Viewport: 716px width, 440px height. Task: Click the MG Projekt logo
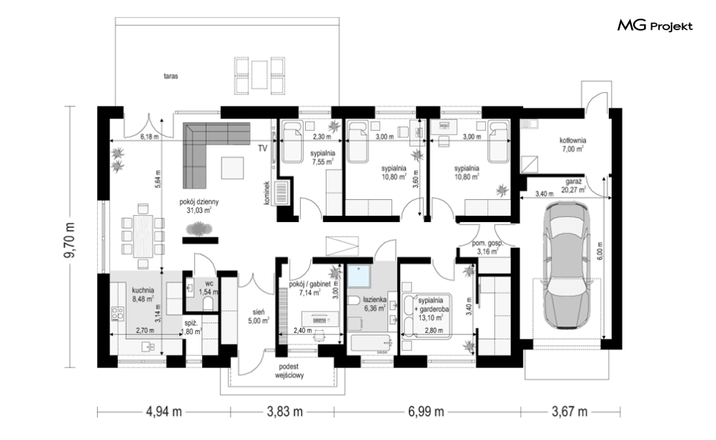tap(655, 26)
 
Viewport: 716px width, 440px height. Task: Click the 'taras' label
tap(171, 76)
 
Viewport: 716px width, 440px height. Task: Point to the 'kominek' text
tap(267, 193)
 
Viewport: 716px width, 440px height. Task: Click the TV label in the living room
tap(263, 148)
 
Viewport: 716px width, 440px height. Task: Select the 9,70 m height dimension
tap(70, 241)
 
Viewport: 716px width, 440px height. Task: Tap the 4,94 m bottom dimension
tap(163, 412)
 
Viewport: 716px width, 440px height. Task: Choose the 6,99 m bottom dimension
tap(425, 412)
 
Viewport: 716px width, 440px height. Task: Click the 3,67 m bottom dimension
tap(569, 412)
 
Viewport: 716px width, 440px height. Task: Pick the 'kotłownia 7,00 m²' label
tap(573, 145)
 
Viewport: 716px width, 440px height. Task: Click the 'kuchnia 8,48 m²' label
tap(143, 295)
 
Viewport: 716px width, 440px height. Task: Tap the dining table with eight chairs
tap(143, 236)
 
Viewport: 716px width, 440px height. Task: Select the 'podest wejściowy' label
tap(289, 371)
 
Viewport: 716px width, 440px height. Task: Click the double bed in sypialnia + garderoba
tap(427, 316)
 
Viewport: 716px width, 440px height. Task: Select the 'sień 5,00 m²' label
tap(258, 316)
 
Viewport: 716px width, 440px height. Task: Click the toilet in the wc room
tap(208, 303)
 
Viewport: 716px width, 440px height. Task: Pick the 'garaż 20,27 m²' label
tap(573, 185)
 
